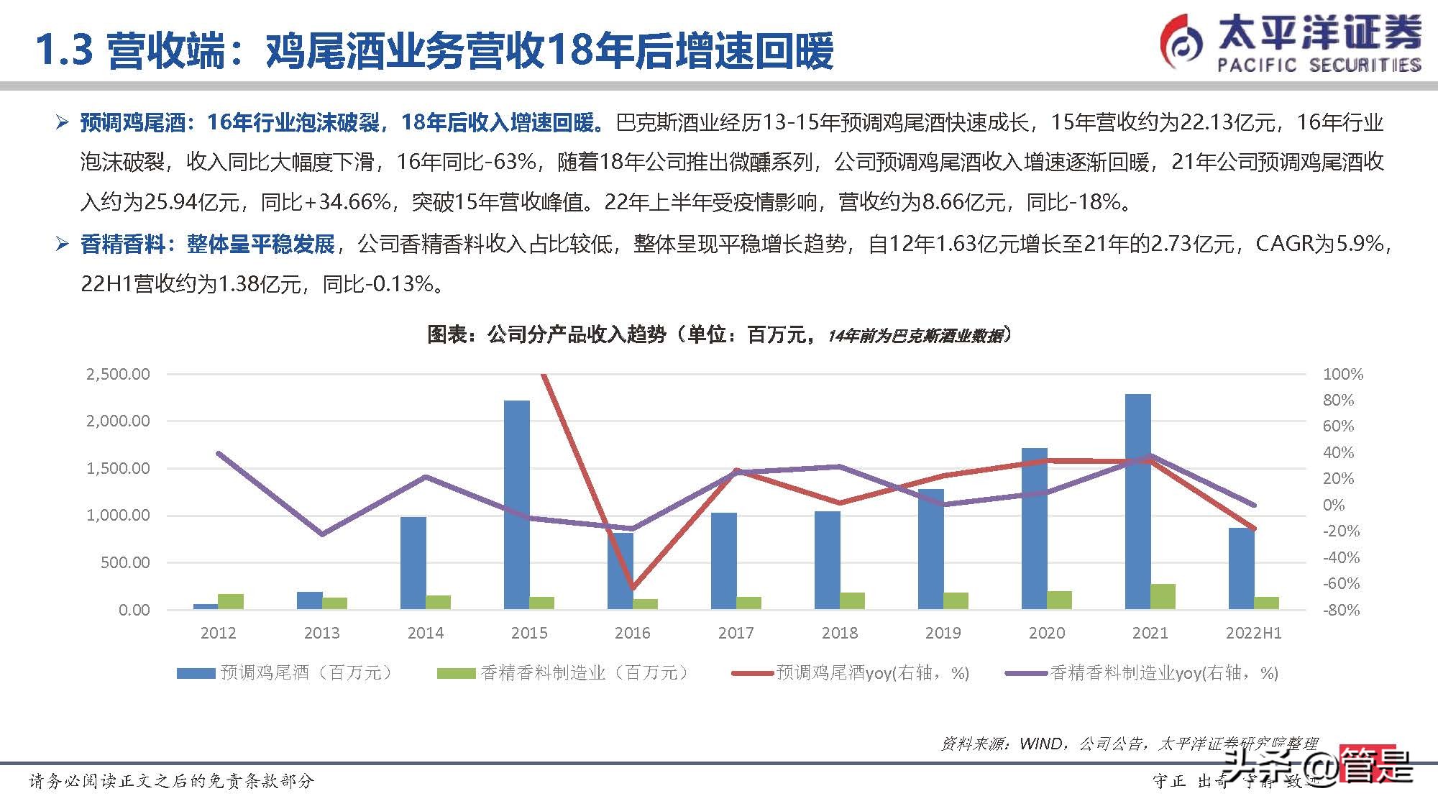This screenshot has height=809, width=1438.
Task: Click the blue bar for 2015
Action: click(516, 503)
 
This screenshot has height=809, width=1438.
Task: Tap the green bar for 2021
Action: click(1163, 596)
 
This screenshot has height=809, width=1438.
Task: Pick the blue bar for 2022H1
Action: click(1241, 568)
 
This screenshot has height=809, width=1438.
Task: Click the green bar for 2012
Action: click(231, 601)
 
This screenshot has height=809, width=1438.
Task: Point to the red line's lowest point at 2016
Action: click(633, 588)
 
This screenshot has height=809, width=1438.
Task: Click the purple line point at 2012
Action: click(219, 453)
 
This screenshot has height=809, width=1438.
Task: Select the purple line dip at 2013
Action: click(321, 534)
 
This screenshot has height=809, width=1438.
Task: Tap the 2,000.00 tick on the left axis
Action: click(118, 421)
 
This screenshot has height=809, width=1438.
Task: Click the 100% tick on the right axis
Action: click(1342, 374)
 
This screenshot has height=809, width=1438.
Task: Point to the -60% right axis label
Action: click(1341, 583)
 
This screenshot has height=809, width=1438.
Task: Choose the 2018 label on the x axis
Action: click(839, 633)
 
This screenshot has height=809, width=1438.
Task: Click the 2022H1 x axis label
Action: click(1253, 633)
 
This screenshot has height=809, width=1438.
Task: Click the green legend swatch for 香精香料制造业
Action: click(456, 673)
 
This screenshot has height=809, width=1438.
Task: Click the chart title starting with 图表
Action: click(719, 334)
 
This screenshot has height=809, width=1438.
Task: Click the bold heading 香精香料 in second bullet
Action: click(123, 244)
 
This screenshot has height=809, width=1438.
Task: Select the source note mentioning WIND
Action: click(1129, 744)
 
